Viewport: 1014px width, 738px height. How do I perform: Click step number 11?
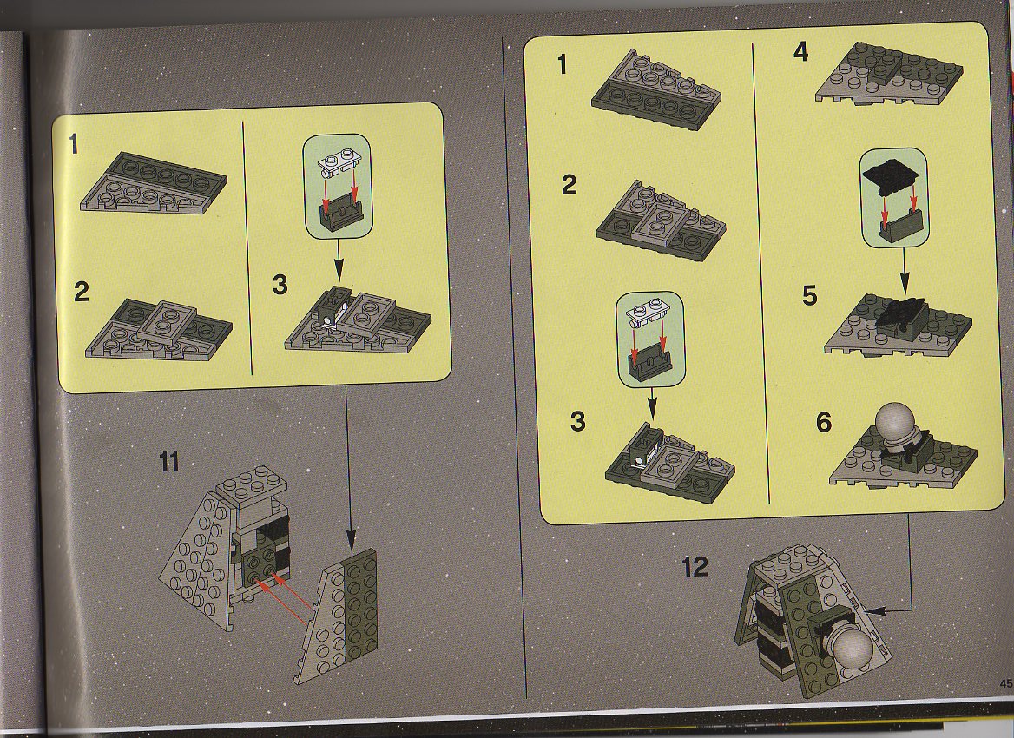coord(168,462)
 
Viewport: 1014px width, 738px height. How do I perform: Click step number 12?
coord(695,567)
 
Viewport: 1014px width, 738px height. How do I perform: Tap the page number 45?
coord(1006,682)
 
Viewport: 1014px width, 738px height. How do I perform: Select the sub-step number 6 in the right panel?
coord(823,422)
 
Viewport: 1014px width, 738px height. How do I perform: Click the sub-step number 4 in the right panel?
coord(800,51)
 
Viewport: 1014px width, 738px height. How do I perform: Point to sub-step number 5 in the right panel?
coord(810,295)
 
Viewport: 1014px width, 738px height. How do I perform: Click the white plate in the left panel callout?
coord(339,163)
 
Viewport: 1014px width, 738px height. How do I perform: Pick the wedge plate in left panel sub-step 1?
coord(154,182)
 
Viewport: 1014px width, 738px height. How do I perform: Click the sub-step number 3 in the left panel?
coord(280,285)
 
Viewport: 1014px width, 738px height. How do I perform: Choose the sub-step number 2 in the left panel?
coord(81,292)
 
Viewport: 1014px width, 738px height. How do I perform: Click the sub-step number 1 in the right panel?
coord(562,64)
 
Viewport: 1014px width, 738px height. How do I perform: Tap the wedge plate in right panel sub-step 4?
coord(888,72)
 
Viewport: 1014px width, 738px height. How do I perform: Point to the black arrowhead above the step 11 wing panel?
coord(351,540)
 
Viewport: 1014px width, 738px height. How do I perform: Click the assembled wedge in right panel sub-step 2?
coord(661,220)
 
